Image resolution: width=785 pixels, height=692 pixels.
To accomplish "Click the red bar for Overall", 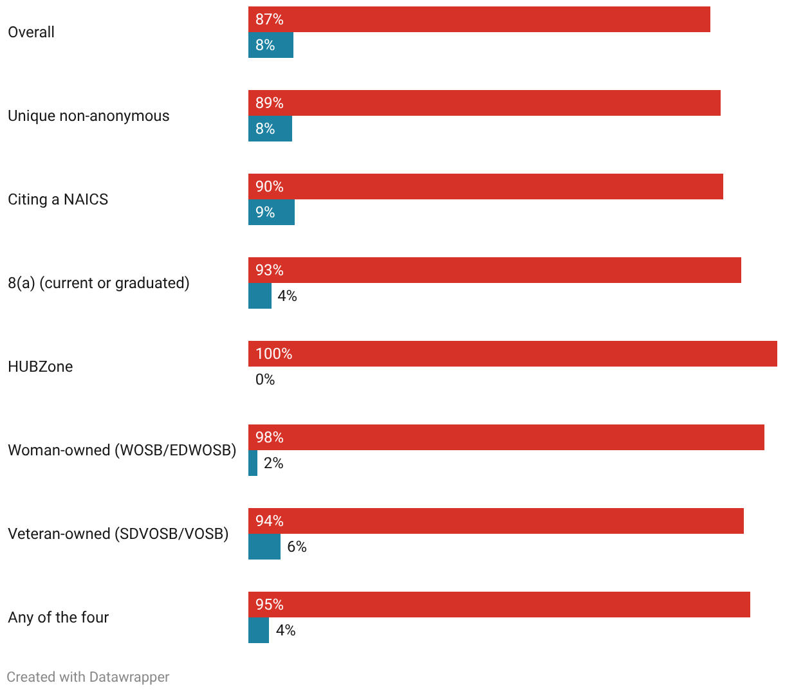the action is [x=479, y=19].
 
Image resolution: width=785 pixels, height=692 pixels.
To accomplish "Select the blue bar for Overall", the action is [x=271, y=45].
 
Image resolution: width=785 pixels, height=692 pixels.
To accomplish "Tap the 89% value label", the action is [x=270, y=103].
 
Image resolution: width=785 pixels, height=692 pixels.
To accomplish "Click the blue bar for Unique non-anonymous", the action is [x=270, y=129].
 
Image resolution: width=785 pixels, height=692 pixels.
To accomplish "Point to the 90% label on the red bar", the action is [x=270, y=187].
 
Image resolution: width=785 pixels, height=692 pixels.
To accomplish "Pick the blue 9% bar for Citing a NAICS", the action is [x=272, y=212].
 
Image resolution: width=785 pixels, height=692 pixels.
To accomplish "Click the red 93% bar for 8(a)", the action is [x=494, y=270].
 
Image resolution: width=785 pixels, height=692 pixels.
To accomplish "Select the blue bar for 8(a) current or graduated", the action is [x=259, y=296].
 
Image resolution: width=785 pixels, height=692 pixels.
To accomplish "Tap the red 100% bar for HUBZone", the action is [x=513, y=354].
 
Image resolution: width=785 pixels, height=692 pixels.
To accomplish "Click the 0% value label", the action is [x=265, y=379].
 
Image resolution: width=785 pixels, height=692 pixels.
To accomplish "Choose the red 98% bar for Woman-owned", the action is [x=506, y=437].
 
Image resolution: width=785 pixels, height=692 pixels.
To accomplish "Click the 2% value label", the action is [x=273, y=463].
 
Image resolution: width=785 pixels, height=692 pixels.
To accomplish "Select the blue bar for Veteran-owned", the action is [x=264, y=547].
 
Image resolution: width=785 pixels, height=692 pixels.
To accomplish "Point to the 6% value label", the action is [x=297, y=547].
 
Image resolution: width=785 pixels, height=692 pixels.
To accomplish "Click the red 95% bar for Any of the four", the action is [x=499, y=605].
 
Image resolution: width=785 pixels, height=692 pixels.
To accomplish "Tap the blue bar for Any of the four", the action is [x=259, y=630].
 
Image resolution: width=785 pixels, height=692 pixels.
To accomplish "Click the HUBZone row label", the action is [x=41, y=367].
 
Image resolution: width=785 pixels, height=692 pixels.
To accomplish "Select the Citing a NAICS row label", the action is [x=58, y=199].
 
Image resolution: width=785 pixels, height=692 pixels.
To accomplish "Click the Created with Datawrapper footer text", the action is [x=88, y=677].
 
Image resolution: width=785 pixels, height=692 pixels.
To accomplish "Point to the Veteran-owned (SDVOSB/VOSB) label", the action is [x=118, y=534].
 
